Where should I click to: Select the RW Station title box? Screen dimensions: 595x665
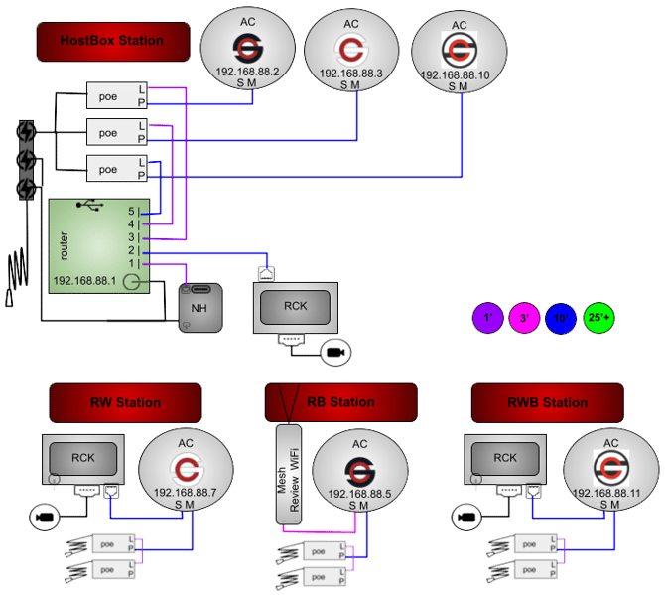[125, 403]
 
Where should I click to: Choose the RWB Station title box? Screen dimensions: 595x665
[547, 403]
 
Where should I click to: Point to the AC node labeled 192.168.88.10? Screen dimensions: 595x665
[458, 56]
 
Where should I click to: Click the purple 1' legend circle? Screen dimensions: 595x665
[487, 318]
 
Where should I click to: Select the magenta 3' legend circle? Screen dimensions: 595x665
[524, 318]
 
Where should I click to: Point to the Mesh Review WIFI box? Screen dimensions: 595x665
[288, 473]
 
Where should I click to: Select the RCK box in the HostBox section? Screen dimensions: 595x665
[296, 307]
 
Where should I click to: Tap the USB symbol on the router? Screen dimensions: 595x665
[91, 207]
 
